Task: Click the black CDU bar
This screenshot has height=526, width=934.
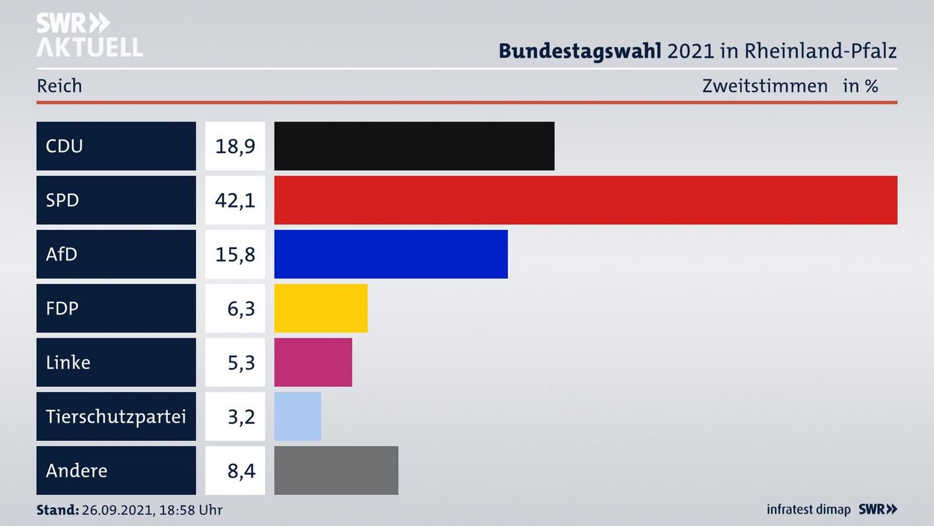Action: point(414,146)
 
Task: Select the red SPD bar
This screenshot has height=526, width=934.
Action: point(585,200)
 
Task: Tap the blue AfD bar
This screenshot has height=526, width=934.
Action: point(390,254)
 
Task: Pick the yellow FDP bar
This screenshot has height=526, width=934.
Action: point(320,308)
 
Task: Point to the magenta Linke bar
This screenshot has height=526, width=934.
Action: point(313,362)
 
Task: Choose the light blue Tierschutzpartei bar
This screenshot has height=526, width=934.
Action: point(297,416)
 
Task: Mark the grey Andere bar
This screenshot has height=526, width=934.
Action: point(336,470)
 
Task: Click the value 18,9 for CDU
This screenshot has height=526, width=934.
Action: point(235,146)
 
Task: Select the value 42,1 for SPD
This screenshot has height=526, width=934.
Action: point(235,200)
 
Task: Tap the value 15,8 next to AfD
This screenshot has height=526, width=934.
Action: point(235,254)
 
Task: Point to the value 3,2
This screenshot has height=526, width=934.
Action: point(241,416)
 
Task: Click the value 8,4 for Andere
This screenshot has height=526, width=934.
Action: point(241,470)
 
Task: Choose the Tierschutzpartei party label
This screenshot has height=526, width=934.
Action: point(115,416)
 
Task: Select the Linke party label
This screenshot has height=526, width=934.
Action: point(68,362)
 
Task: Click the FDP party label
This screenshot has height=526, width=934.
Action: point(62,308)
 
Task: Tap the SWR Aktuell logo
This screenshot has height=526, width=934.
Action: point(89,35)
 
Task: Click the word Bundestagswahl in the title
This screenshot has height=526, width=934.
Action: point(580,51)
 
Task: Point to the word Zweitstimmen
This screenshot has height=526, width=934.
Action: point(765,86)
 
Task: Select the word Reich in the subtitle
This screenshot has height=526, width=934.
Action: point(59,86)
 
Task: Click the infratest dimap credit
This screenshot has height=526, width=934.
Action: point(809,510)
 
